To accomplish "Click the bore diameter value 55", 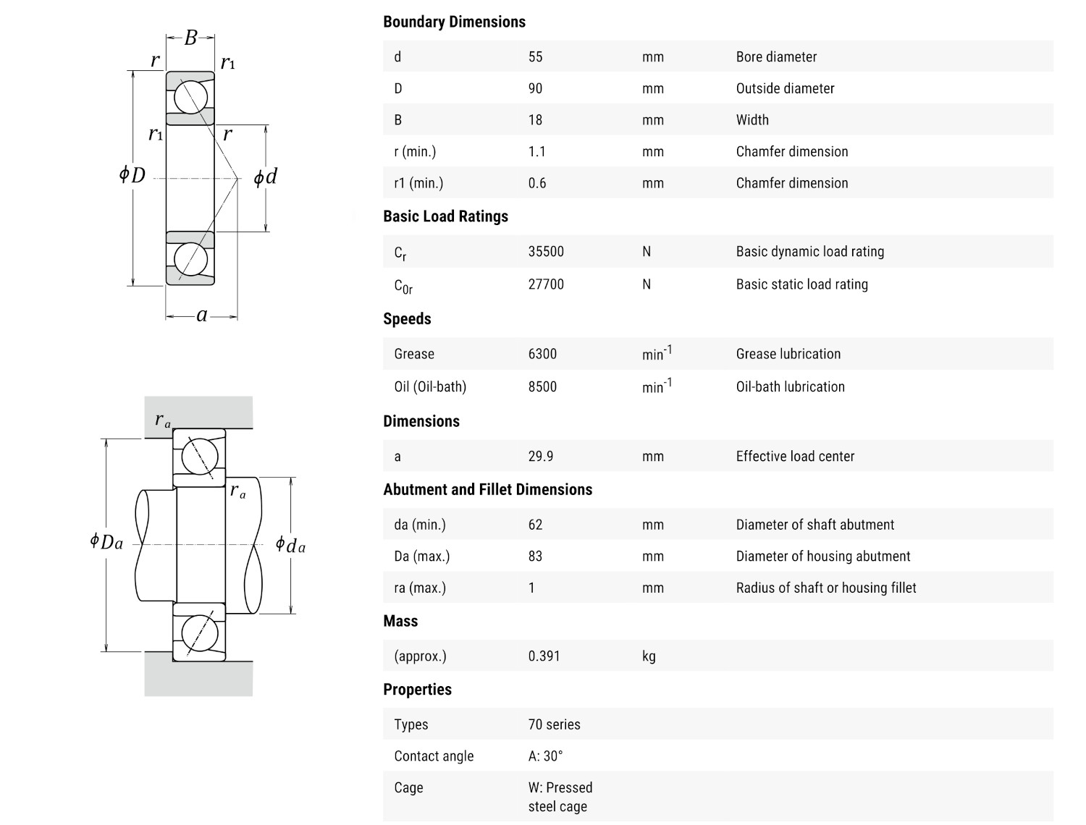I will coord(535,57).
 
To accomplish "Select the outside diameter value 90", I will coord(535,88).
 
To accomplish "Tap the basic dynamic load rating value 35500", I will coord(546,252).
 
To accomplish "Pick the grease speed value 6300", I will coord(542,354).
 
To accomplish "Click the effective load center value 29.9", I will coord(540,457).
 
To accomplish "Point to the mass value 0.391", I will coord(544,656).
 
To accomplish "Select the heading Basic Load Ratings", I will coord(445,216).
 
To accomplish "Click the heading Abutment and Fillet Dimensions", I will coord(487,490).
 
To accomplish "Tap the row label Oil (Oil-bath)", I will coord(430,386).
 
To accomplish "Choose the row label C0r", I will coord(403,286).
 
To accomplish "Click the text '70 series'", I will coord(554,724).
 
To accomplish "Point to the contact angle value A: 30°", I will coord(545,756).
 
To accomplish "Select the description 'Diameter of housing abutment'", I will coord(823,557).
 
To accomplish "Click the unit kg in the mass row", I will coord(649,656).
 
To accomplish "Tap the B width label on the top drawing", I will coord(190,38).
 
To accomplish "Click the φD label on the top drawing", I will coord(132,174).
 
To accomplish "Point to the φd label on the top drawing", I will coord(265,177).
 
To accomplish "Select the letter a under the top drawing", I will coord(202,315).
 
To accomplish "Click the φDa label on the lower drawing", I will coord(106,541).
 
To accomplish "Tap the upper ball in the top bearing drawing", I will coord(190,97).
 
